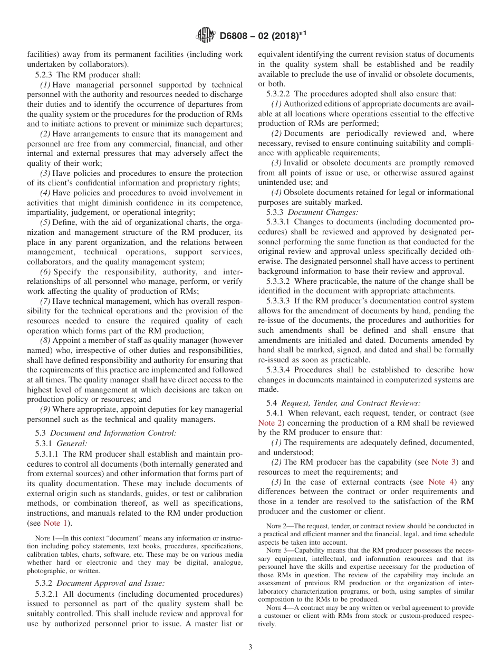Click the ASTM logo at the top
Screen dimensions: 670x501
[x=206, y=35]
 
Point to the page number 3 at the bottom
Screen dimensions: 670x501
[x=250, y=647]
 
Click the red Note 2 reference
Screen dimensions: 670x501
[x=271, y=422]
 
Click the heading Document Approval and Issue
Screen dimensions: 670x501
[x=110, y=583]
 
